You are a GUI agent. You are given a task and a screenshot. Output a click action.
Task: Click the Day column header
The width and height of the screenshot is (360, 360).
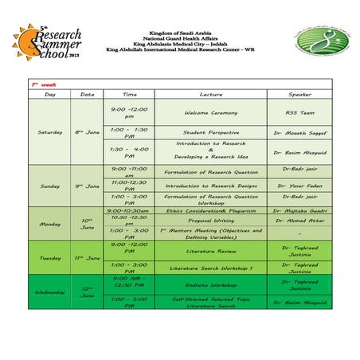[x=49, y=93]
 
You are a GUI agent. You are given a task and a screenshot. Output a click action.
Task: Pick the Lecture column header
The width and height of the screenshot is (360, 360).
[x=210, y=93]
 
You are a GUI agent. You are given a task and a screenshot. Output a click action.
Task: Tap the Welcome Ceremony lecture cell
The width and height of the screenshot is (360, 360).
[x=210, y=112]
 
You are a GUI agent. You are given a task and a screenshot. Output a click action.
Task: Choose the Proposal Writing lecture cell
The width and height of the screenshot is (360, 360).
[x=210, y=221]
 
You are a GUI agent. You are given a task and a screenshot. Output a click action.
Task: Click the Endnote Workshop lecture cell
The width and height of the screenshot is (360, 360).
[x=210, y=284]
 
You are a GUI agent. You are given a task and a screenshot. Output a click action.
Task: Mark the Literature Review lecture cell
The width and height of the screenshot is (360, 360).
[x=210, y=250]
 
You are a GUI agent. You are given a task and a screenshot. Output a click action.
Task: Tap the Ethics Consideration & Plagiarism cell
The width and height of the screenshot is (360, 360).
[x=210, y=210]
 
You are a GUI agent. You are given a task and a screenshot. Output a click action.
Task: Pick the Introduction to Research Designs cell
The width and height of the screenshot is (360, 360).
[x=210, y=186]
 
